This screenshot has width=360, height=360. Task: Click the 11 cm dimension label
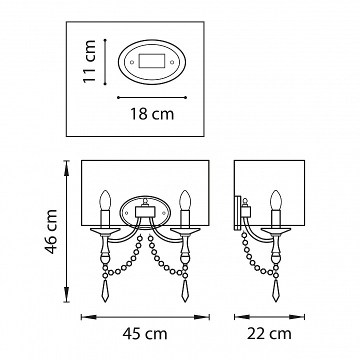coord(89,61)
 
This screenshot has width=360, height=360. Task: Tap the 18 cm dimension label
coord(152,114)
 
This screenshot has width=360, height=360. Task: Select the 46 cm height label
coord(50,231)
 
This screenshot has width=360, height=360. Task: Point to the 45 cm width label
coord(145,334)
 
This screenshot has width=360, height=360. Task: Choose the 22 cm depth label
coord(269,334)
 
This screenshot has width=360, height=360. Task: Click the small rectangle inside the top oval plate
coord(152,61)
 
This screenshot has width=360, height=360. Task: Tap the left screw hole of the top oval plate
coord(132,62)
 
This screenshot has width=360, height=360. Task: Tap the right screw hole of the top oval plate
coord(171,62)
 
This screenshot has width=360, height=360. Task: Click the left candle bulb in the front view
coord(105,200)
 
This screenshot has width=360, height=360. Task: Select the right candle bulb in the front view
coord(185,200)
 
